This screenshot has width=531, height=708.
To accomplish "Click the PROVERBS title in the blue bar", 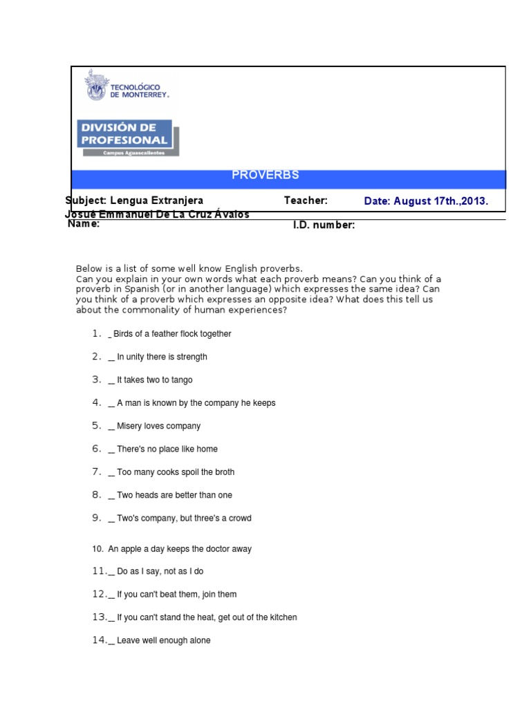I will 265,175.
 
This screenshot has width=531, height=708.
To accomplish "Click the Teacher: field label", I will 306,201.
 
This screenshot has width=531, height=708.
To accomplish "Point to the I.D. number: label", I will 324,225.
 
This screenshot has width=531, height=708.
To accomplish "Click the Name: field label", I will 84,224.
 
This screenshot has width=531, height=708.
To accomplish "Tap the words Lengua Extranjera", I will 157,201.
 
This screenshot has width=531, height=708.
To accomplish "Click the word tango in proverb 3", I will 181,380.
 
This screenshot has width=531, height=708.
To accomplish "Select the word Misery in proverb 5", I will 130,426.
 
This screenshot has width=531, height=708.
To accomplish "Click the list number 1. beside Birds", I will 97,333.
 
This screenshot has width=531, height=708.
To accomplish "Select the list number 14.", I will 100,640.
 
